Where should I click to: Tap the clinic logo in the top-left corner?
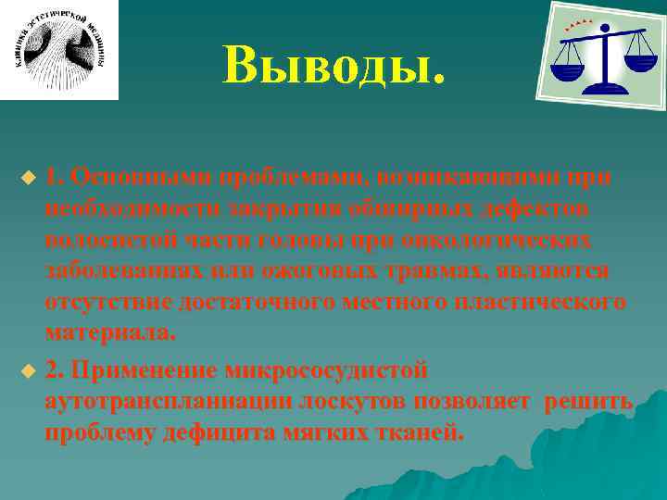coord(59,50)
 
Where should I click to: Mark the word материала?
coord(109,331)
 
